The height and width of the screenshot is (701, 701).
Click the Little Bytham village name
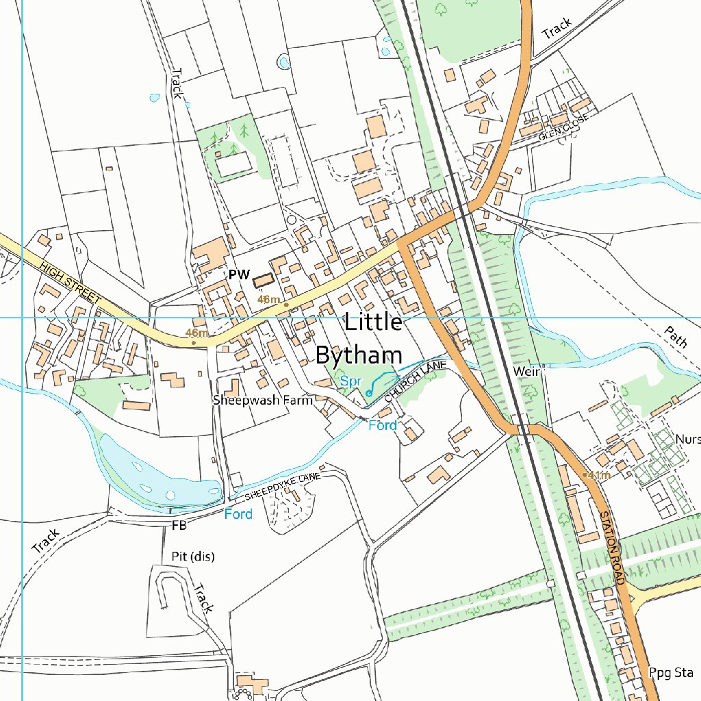coord(359,338)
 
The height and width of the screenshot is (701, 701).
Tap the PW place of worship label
coord(238,275)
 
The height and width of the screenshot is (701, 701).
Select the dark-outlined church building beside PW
coord(263,279)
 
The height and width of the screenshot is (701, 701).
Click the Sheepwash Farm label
coord(262,400)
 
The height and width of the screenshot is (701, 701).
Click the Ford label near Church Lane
coord(383,425)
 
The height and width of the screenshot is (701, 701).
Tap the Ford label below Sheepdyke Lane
coord(238,513)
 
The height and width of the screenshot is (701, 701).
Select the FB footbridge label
coord(179,526)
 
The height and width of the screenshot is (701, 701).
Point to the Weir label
coord(527,371)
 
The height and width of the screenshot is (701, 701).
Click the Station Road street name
coord(613,548)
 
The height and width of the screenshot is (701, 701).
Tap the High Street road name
coord(71,282)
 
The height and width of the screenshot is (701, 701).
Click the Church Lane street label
coord(415,381)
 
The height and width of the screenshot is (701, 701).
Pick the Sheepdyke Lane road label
coord(283,485)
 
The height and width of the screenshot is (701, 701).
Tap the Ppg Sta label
coord(672,672)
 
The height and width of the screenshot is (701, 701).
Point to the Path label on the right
coord(675,337)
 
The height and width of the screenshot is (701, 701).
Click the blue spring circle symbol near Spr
coord(369,393)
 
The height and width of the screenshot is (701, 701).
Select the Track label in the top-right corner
coord(556,28)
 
